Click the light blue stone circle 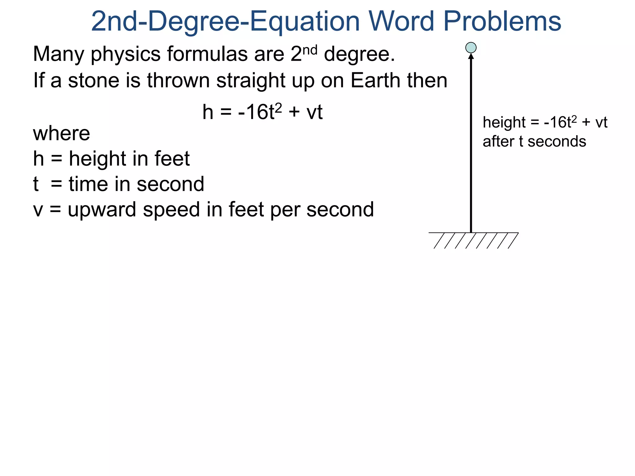coord(471,48)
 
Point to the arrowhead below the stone coord(471,56)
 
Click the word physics coord(126,55)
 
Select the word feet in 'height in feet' coord(172,159)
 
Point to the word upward coord(102,210)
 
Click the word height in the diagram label coord(504,123)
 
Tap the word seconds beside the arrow coord(557,142)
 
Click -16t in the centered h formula coord(256,112)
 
